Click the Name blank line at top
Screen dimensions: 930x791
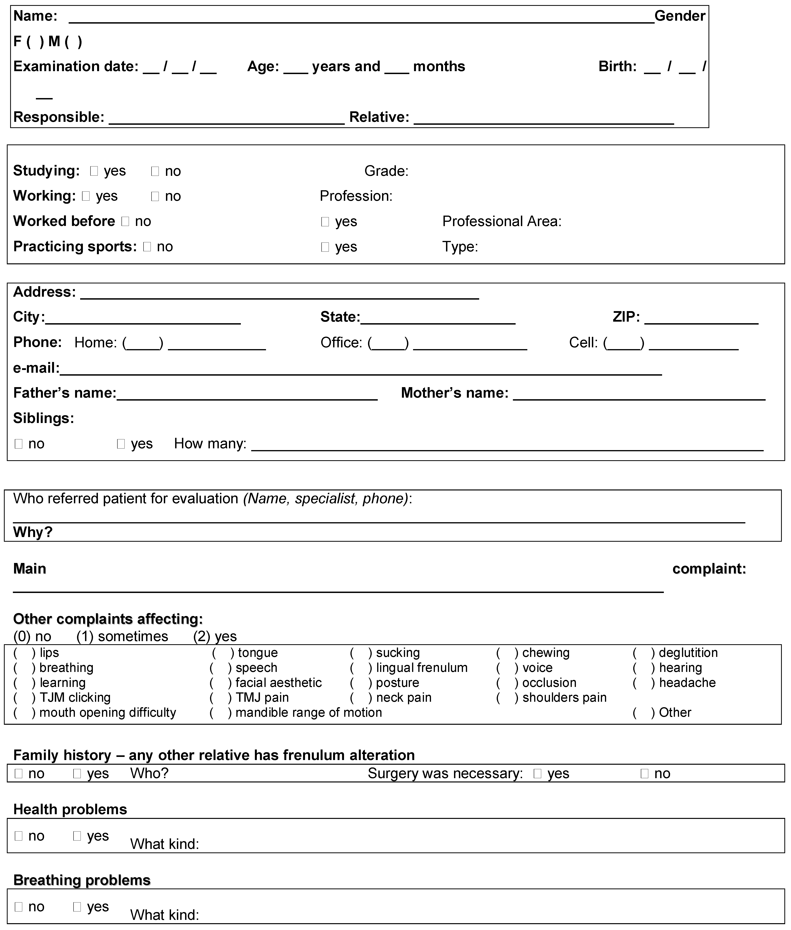coord(361,18)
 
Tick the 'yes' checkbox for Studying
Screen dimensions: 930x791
coord(94,171)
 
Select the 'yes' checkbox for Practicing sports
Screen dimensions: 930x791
coord(325,247)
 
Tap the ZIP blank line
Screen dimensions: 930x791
coord(701,319)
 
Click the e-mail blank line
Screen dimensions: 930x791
coord(361,370)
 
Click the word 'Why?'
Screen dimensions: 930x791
coord(33,532)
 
